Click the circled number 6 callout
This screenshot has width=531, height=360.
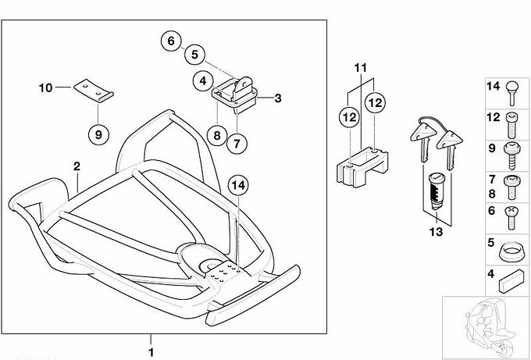click(172, 41)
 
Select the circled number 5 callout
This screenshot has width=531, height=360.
click(195, 55)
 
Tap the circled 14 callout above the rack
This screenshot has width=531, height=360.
click(238, 185)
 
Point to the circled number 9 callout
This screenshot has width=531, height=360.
click(98, 134)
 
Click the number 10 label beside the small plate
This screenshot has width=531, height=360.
click(45, 87)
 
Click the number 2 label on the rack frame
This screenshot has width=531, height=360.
click(77, 166)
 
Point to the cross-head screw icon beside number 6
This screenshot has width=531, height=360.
click(513, 216)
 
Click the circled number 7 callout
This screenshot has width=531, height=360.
click(237, 141)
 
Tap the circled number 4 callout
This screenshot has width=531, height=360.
click(202, 80)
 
